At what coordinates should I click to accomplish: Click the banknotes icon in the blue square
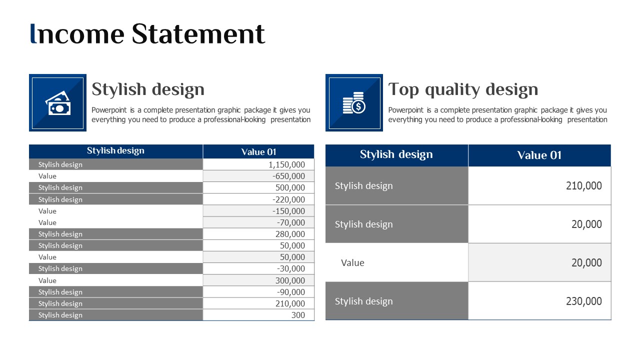pyautogui.click(x=58, y=103)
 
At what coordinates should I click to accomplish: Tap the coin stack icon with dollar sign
pyautogui.click(x=354, y=103)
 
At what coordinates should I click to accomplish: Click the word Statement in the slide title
pyautogui.click(x=198, y=34)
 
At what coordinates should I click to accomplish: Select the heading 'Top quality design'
pyautogui.click(x=463, y=89)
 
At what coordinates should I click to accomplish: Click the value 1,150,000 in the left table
pyautogui.click(x=286, y=164)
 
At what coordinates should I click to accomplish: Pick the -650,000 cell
pyautogui.click(x=288, y=176)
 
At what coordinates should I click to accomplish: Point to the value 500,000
pyautogui.click(x=290, y=187)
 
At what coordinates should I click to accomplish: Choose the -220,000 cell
pyautogui.click(x=288, y=199)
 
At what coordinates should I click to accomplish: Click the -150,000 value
pyautogui.click(x=288, y=211)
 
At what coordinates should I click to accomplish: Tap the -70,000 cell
pyautogui.click(x=291, y=222)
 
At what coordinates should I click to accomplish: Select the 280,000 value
pyautogui.click(x=290, y=234)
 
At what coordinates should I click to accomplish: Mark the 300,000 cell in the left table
pyautogui.click(x=290, y=280)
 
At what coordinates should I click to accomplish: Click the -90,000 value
pyautogui.click(x=291, y=292)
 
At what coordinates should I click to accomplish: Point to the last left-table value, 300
pyautogui.click(x=298, y=315)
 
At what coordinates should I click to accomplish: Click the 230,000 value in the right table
pyautogui.click(x=583, y=301)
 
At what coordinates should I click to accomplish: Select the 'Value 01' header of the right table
pyautogui.click(x=539, y=155)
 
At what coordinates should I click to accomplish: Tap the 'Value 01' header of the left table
pyautogui.click(x=258, y=152)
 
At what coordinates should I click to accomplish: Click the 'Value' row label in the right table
pyautogui.click(x=352, y=263)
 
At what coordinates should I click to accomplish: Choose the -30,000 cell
pyautogui.click(x=291, y=268)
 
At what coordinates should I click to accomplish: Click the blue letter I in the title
pyautogui.click(x=33, y=33)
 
